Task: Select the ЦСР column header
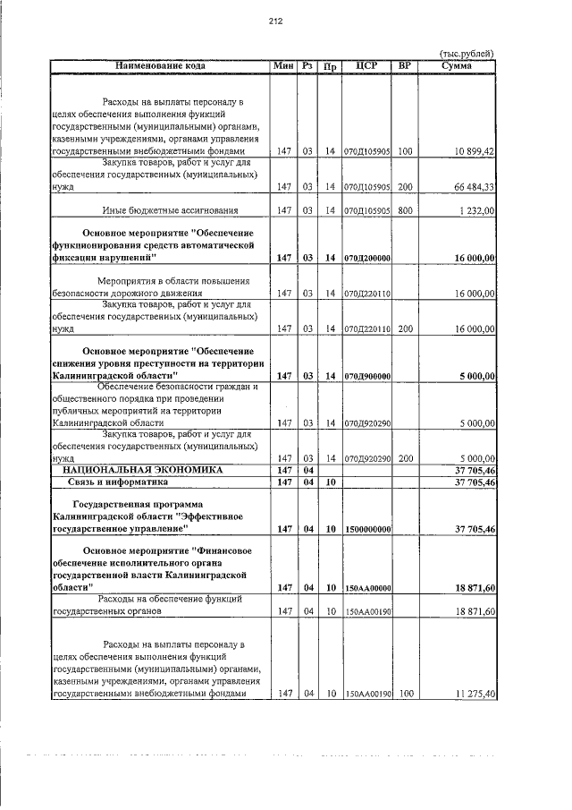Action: pos(366,66)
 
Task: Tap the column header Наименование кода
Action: pos(160,66)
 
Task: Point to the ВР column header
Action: pos(405,66)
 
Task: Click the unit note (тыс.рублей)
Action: pos(467,54)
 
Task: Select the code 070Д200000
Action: pos(367,258)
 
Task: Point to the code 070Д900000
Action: pos(367,376)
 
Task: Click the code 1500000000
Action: pos(367,530)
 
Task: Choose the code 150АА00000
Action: pos(367,588)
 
